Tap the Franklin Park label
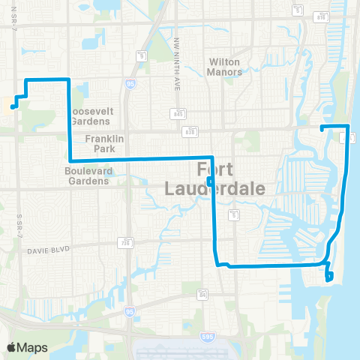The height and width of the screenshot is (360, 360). tap(104, 143)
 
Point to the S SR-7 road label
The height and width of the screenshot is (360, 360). tap(16, 222)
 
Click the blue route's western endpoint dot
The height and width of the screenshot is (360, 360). tap(13, 107)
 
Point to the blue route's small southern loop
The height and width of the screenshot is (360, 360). tap(328, 274)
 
